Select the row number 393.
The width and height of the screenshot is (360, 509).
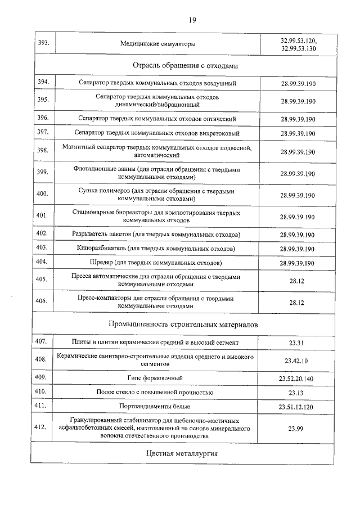coord(43,43)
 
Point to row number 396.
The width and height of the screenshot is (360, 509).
coord(43,118)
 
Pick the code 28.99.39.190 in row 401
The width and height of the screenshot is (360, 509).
coord(298,217)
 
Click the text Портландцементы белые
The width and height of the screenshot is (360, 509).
coord(155,406)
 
